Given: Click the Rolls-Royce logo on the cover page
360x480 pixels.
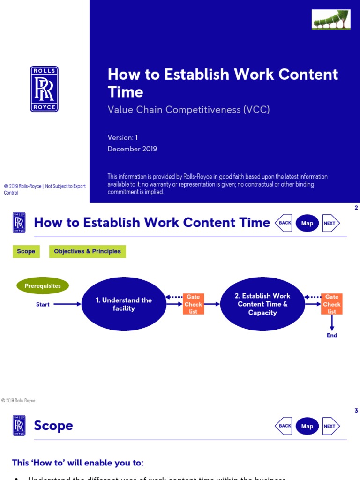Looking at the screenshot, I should [x=45, y=89].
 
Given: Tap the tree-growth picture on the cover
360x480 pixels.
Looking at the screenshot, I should [x=331, y=20].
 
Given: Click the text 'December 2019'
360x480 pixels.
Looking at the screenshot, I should [x=132, y=149].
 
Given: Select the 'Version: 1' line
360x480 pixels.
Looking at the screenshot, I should [x=123, y=137].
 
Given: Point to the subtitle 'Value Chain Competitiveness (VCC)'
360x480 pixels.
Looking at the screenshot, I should [x=188, y=110].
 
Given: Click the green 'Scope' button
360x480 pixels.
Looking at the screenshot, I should [x=26, y=251].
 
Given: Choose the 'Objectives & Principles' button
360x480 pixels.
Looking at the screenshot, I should [x=87, y=251].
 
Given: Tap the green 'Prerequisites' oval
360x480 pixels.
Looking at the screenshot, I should [x=43, y=286].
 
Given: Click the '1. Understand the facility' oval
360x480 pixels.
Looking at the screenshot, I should [x=124, y=304].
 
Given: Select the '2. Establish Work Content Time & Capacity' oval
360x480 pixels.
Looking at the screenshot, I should [x=262, y=304].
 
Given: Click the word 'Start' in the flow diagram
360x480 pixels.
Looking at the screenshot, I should [x=43, y=305].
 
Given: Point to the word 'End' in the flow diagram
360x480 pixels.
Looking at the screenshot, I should [x=332, y=335].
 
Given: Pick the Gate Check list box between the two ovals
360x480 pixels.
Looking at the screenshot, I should [x=193, y=304].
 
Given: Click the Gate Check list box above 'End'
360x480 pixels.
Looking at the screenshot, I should [x=332, y=304].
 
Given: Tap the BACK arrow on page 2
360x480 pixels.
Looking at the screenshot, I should [x=284, y=223].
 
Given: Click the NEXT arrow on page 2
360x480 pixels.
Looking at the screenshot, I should [x=330, y=223].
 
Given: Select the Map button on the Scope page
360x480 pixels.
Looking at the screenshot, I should [x=307, y=426].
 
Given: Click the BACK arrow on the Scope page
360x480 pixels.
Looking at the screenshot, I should [x=284, y=426].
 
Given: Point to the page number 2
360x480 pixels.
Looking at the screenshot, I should [x=356, y=208].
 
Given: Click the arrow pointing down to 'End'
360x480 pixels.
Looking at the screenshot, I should [x=332, y=322].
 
